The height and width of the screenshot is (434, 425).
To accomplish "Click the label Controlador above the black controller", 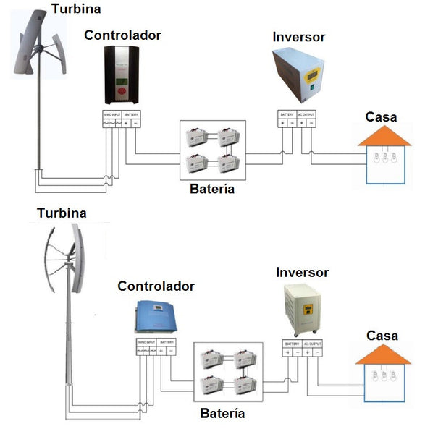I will (x=122, y=35).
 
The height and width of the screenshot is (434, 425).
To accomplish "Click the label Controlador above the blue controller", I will (x=156, y=286).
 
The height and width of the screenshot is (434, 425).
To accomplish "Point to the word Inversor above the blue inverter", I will (x=299, y=36).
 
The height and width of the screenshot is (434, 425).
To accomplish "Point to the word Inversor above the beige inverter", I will (x=302, y=273).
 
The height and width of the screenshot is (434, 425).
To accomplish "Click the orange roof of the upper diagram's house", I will (x=384, y=137).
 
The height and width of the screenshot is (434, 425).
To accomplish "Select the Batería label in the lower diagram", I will (x=222, y=414).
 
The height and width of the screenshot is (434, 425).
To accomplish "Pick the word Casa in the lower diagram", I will (x=382, y=336).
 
